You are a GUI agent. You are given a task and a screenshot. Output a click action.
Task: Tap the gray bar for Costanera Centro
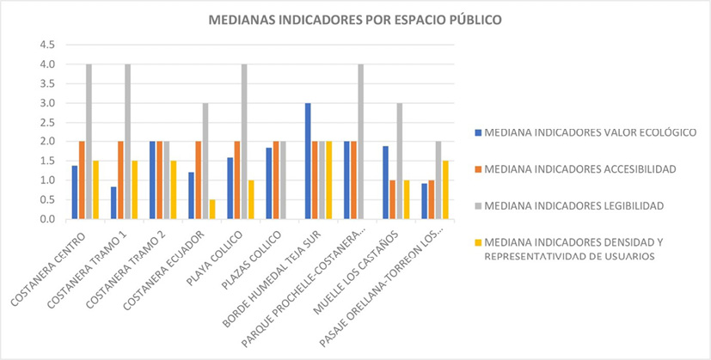point(89,142)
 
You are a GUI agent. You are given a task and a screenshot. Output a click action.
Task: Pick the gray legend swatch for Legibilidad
point(475,206)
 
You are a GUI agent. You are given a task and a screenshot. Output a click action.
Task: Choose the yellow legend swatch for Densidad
point(475,242)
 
